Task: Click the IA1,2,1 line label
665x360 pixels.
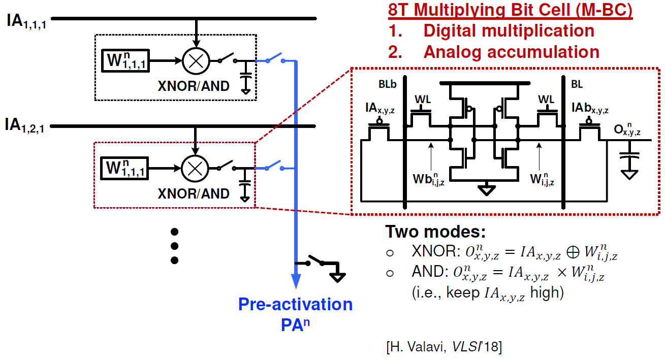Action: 26,125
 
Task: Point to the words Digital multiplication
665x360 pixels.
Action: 509,30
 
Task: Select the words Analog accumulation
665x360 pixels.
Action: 511,51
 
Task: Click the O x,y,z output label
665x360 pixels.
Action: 625,130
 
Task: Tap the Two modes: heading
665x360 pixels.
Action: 435,232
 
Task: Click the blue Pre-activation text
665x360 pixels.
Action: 295,304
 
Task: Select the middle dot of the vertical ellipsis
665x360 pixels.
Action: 175,246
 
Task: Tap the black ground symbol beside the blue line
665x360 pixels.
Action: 337,276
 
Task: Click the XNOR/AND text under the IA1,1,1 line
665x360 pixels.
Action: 194,86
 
